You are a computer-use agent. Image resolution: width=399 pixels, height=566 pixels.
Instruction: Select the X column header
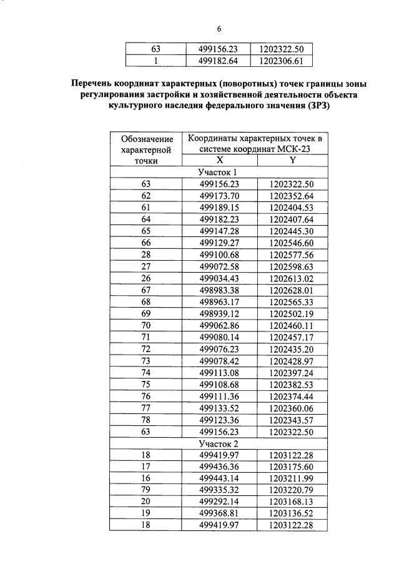(219, 160)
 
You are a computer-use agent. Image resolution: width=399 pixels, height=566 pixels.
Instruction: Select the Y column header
(292, 160)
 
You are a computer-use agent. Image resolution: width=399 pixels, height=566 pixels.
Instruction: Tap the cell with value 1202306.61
(281, 61)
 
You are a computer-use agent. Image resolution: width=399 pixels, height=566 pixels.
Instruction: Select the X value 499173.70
(219, 196)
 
